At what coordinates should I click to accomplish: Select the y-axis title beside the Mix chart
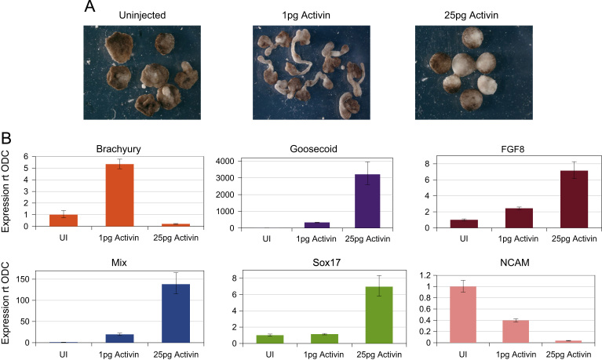point(8,302)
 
